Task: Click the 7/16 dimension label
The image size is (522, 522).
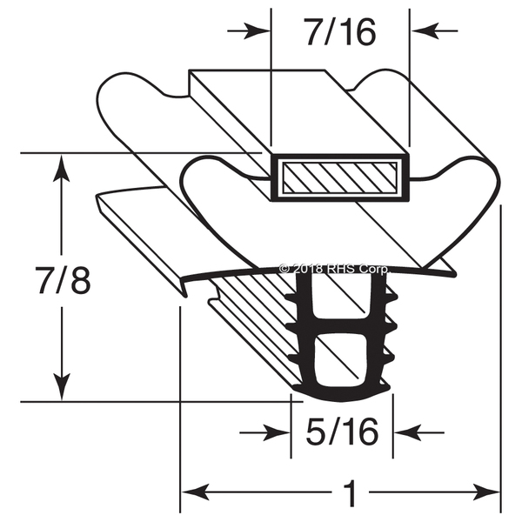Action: (340, 31)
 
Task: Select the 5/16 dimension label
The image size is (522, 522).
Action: (341, 432)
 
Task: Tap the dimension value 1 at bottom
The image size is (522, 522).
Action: (350, 495)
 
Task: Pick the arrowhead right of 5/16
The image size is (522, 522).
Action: (405, 432)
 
